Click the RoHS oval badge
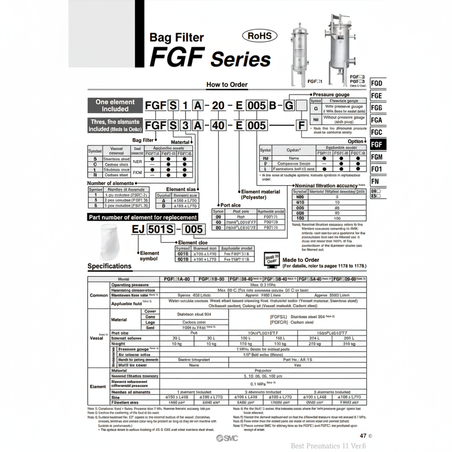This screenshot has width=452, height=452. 259,36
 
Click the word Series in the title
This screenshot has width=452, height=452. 241,60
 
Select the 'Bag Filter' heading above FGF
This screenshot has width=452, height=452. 176,37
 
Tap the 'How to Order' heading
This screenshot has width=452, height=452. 227,85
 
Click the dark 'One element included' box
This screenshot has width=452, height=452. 115,105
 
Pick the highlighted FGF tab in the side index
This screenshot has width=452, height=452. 377,145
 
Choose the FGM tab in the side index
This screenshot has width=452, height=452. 377,157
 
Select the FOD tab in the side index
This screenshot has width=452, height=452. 377,83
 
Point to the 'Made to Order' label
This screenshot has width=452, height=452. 301,260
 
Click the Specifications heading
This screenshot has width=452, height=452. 110,266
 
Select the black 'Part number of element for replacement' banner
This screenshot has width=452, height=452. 143,217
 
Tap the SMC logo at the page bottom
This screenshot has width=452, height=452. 227,438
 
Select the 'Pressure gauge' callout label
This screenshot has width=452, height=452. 331,95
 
